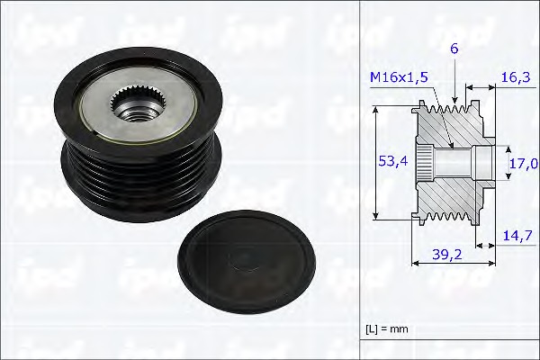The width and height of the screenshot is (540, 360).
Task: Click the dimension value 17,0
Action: click(x=524, y=164)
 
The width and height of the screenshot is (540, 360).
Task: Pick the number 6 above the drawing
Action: click(x=455, y=52)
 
